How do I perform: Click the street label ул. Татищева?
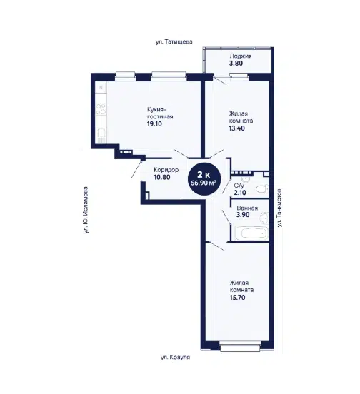174,41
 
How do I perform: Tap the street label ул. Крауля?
175,357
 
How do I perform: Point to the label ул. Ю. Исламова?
86,210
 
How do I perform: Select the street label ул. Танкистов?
279,208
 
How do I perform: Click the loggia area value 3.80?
236,63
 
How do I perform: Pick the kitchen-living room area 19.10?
154,124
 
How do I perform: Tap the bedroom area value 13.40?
236,128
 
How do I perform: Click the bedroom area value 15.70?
237,297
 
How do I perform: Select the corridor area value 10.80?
162,177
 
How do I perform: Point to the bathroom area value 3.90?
243,215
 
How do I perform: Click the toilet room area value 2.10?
240,193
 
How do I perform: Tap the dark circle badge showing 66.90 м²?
204,178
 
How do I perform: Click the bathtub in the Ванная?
251,233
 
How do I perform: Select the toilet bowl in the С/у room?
261,188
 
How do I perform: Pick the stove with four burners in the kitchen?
101,109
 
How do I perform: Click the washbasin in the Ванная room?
264,218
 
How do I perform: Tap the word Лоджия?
241,56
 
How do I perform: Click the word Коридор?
166,170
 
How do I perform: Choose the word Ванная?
247,208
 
